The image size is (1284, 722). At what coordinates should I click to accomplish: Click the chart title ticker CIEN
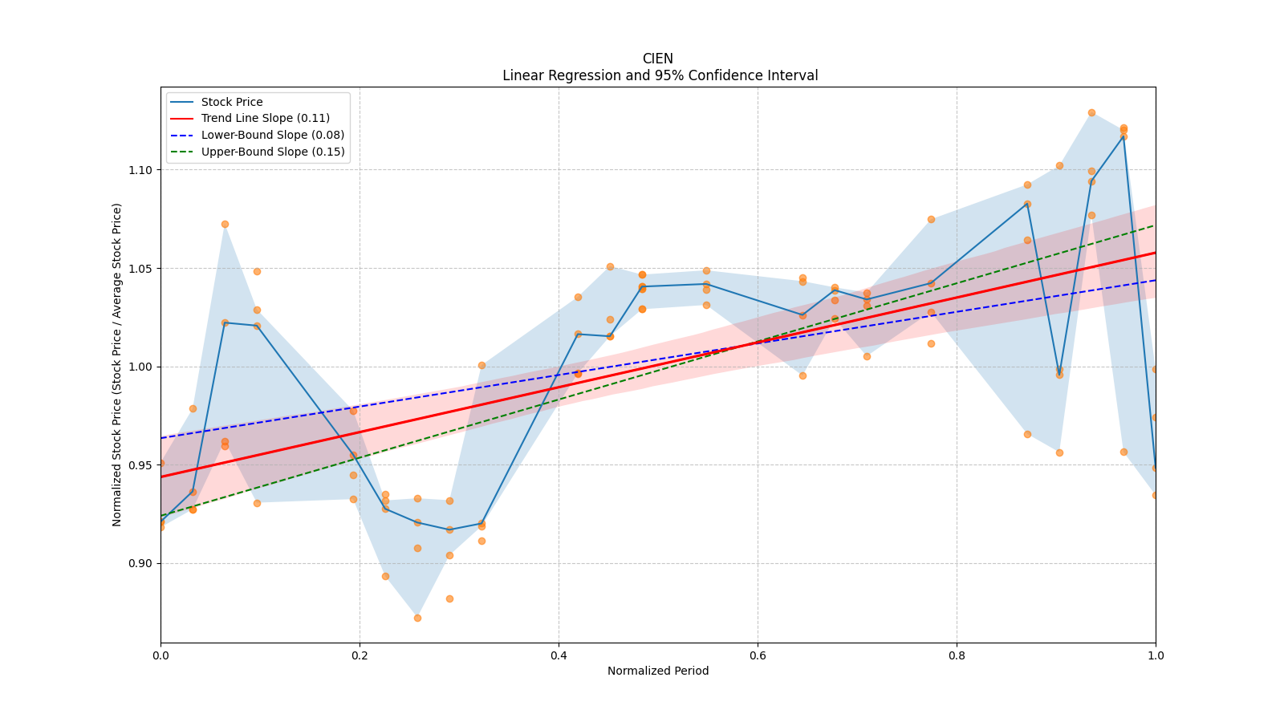click(657, 59)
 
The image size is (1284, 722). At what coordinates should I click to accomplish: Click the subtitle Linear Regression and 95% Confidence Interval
click(660, 75)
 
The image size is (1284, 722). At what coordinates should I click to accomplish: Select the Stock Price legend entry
click(231, 102)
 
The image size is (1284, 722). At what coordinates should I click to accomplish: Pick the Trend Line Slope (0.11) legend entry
click(265, 118)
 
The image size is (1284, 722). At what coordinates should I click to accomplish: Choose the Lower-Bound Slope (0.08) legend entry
click(272, 135)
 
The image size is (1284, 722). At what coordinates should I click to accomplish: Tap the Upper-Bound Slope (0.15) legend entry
click(272, 152)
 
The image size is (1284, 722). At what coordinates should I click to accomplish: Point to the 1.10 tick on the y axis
click(140, 170)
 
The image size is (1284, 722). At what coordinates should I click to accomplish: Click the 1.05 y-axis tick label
click(140, 269)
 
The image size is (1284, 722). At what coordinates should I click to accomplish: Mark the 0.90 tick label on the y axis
click(140, 563)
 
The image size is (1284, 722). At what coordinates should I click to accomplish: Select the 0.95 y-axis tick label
click(140, 465)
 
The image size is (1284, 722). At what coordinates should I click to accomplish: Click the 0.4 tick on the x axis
click(559, 655)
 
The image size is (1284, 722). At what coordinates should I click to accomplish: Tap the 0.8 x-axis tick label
click(957, 655)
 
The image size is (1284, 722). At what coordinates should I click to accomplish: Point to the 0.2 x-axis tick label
click(360, 655)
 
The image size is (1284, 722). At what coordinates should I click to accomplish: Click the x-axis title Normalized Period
click(658, 671)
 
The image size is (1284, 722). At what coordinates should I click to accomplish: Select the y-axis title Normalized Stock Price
click(117, 364)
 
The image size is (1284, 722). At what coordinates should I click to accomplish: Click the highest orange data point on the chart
click(1091, 112)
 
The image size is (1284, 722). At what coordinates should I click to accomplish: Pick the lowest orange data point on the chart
click(417, 618)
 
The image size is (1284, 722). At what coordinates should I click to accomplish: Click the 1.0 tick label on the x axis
click(1156, 655)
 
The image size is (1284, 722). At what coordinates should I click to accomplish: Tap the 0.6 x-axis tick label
click(758, 655)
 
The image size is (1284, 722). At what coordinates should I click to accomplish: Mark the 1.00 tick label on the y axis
click(140, 367)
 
